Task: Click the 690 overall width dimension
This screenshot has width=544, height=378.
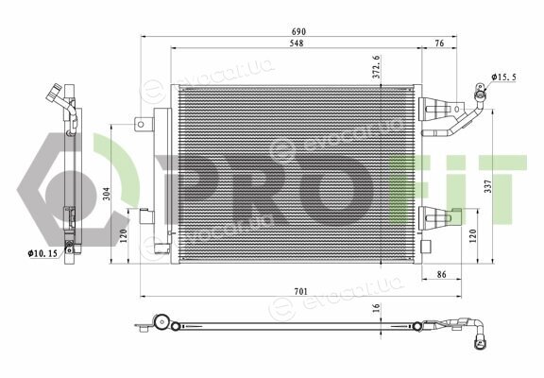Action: (x=298, y=31)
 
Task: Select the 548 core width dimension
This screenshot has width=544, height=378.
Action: (x=297, y=43)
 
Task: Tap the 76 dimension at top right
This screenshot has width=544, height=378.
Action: (x=439, y=43)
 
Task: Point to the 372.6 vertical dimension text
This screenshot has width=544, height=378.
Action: (x=377, y=67)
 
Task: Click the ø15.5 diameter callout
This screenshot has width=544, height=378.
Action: (x=503, y=77)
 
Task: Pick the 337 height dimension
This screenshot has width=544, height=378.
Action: (x=488, y=186)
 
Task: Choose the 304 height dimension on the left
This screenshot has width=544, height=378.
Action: (x=107, y=194)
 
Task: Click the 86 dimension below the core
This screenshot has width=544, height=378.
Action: (x=441, y=275)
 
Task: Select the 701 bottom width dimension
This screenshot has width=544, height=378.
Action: (x=300, y=292)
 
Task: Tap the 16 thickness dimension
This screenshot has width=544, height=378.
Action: (x=377, y=307)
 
